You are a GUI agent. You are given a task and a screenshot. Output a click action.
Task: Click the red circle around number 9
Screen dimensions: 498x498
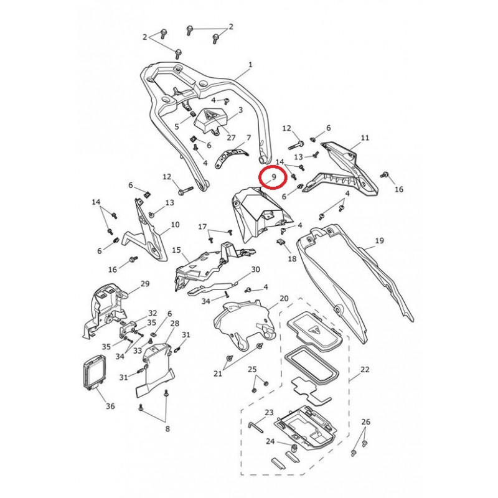[272, 177]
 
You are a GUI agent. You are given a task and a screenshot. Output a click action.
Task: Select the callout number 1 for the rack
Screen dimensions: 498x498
[250, 65]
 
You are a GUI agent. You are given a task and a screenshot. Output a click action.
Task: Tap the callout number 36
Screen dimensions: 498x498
[110, 406]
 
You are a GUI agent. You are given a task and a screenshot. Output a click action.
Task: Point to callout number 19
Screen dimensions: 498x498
[379, 241]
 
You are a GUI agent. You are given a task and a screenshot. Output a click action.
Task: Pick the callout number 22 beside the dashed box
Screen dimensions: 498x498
[365, 369]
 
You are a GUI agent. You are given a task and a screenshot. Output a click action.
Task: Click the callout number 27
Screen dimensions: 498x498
[214, 138]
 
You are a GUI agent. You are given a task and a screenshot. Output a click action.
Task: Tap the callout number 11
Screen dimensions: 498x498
[365, 138]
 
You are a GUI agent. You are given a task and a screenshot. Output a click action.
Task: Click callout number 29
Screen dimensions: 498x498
[145, 284]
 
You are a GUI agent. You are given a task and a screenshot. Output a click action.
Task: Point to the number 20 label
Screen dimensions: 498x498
[284, 299]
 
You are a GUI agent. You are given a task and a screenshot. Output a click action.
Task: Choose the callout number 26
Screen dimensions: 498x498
[365, 422]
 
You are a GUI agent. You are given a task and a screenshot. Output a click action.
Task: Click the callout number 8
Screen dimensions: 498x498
[167, 428]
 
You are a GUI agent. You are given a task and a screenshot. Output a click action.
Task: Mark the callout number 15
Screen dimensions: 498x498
[176, 250]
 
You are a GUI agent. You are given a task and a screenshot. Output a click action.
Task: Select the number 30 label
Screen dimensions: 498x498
[255, 270]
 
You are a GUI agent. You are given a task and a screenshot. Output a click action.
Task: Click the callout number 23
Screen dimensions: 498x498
[269, 412]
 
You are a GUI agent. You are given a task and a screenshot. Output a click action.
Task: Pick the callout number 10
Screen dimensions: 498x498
[175, 224]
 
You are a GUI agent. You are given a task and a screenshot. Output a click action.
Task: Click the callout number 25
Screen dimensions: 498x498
[252, 369]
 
